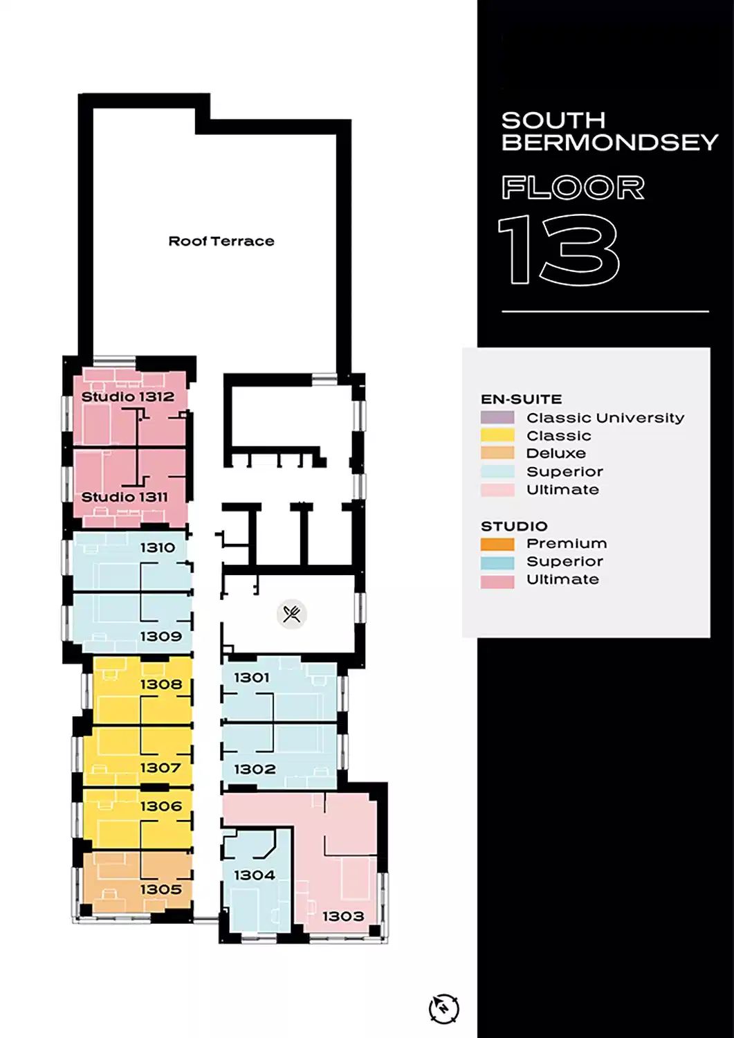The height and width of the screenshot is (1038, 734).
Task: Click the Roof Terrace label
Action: (221, 241)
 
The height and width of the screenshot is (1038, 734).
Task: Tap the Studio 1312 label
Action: (128, 397)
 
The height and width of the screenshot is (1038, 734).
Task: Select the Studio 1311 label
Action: (125, 497)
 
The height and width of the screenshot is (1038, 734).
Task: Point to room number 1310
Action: (158, 548)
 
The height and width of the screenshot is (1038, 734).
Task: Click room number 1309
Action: (160, 636)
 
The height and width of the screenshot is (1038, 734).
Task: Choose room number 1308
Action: (161, 684)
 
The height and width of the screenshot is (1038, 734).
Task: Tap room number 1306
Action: (161, 806)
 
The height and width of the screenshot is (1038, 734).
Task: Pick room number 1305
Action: (160, 889)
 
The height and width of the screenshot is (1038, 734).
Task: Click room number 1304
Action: (255, 875)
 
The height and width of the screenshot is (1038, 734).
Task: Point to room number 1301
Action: (252, 677)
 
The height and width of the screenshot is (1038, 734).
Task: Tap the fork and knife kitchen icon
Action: (292, 614)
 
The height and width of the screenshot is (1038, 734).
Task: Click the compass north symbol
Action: (444, 1008)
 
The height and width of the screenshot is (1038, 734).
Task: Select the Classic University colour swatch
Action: (497, 417)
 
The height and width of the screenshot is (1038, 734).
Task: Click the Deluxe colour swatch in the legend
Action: (497, 453)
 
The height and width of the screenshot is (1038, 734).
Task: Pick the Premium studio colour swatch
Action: (497, 544)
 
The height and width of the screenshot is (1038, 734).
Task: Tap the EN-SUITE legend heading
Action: (522, 399)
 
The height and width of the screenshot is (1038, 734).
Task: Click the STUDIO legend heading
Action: (514, 527)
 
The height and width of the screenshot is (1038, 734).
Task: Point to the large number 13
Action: (559, 250)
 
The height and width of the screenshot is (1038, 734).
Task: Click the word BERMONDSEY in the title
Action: (609, 143)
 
